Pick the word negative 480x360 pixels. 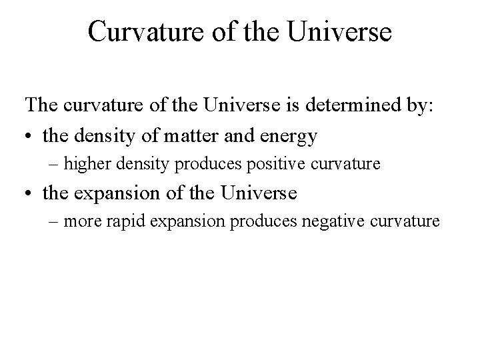click(x=352, y=221)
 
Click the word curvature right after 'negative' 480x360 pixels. click(x=411, y=221)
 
